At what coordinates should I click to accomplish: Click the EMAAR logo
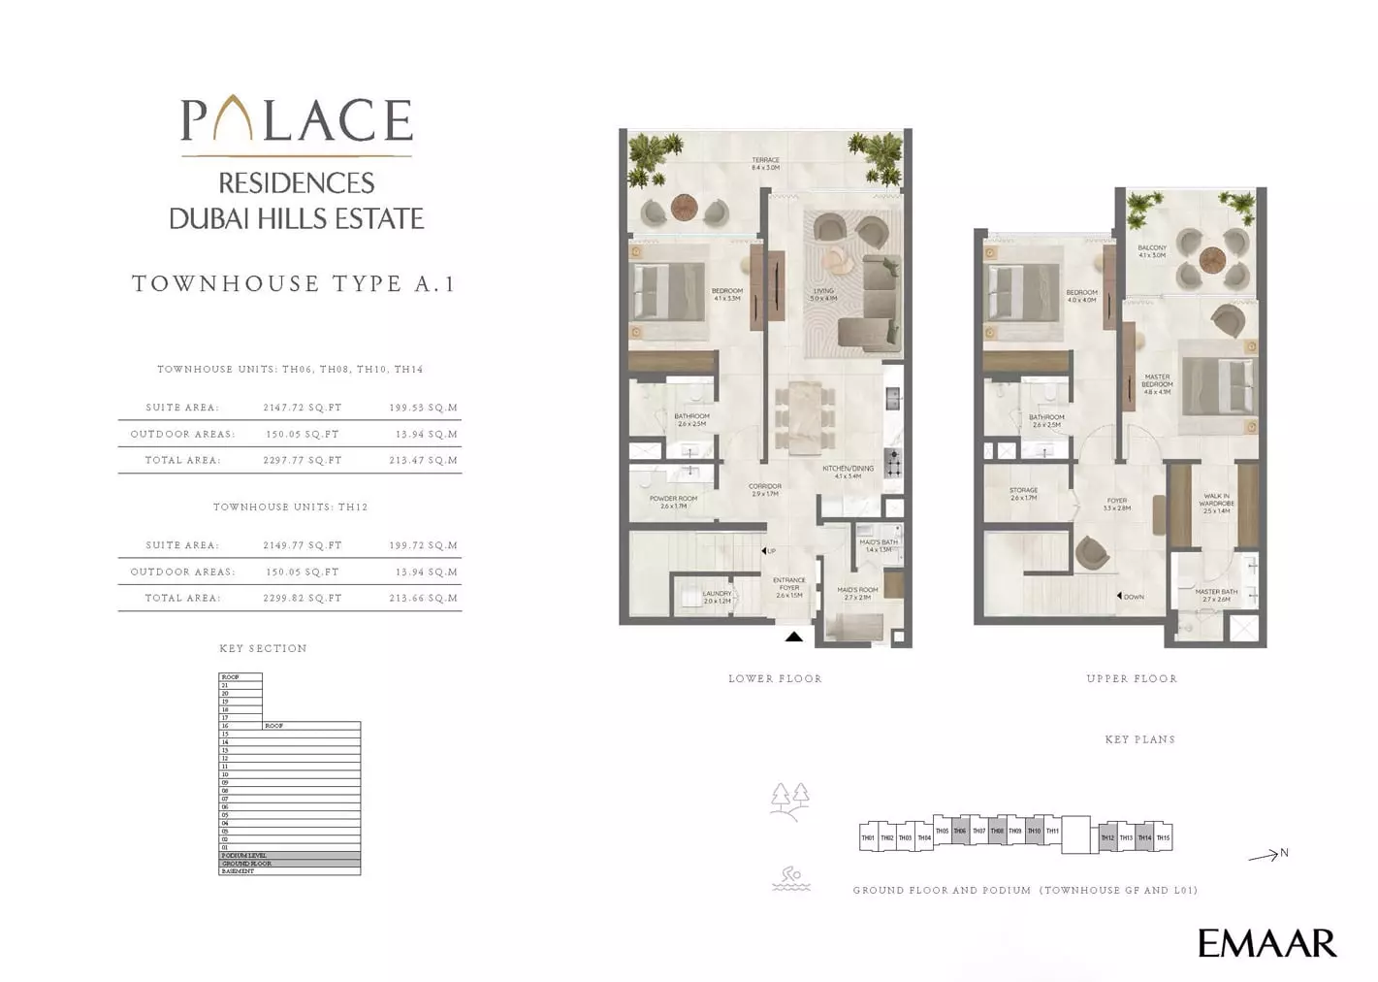point(1266,943)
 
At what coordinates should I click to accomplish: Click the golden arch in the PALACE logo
point(234,119)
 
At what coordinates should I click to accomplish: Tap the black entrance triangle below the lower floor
point(793,637)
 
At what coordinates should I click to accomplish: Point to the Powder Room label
point(673,502)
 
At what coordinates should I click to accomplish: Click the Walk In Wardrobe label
point(1216,503)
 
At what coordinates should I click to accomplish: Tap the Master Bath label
point(1216,595)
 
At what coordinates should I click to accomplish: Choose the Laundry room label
point(717,597)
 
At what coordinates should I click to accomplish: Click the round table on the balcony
point(1212,259)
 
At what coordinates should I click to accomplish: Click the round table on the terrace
point(685,207)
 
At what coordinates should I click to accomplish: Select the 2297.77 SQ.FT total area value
point(303,461)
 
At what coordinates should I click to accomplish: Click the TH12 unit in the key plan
point(1107,837)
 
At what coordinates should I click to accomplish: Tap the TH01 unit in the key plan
point(868,837)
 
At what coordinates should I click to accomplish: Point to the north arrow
point(1266,855)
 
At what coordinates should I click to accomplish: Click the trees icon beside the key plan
point(789,802)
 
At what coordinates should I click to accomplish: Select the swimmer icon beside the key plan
point(791,878)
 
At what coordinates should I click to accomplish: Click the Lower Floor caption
point(775,679)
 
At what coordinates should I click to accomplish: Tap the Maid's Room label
point(857,593)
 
